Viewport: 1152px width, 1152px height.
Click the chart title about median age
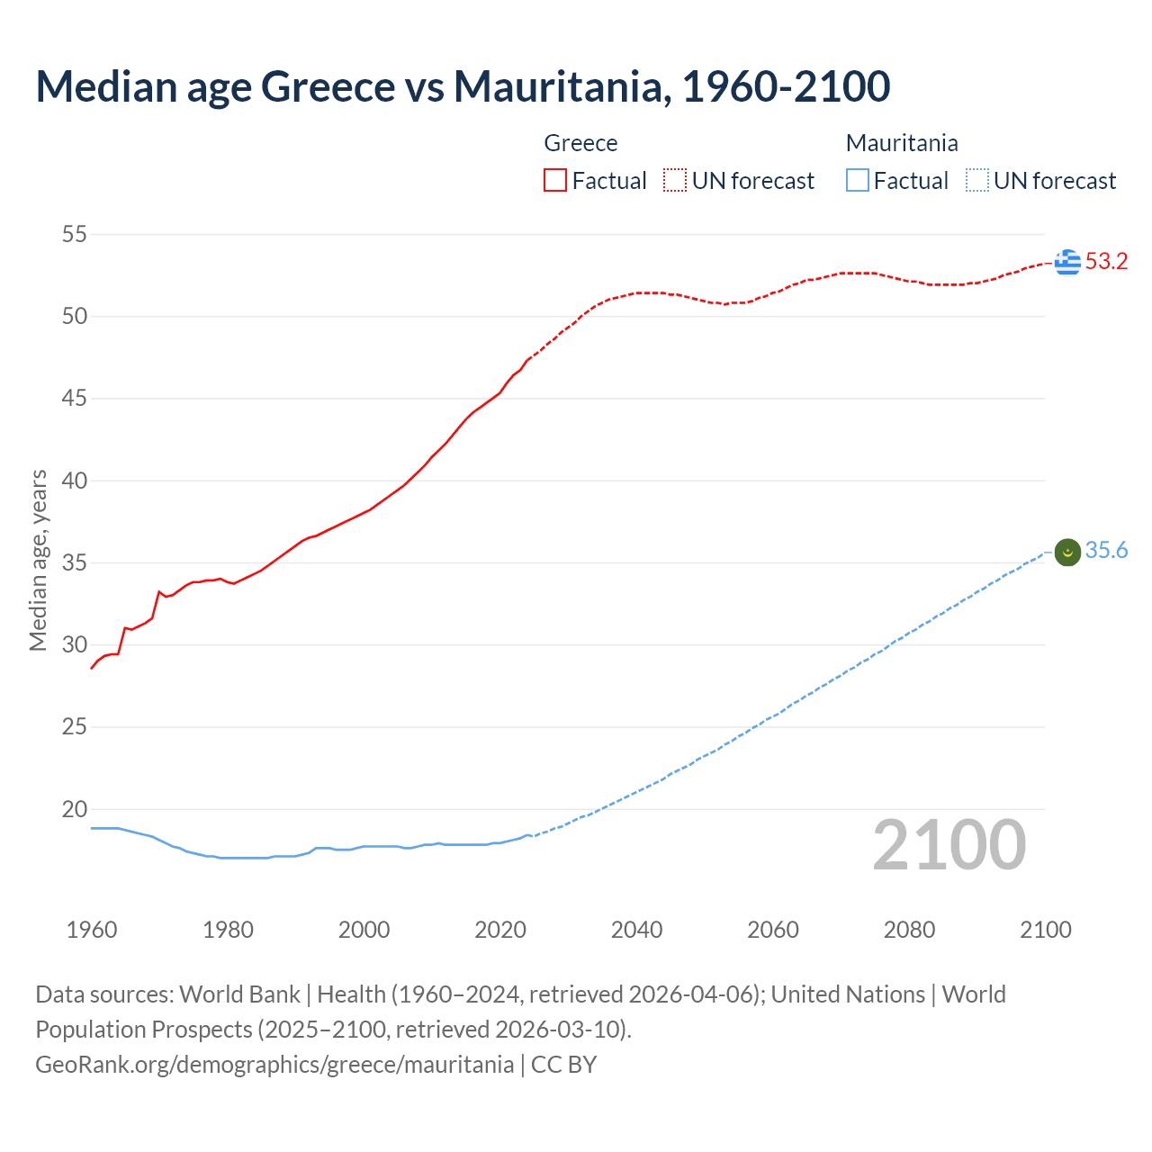[x=463, y=86]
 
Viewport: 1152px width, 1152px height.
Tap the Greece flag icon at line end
[x=1067, y=262]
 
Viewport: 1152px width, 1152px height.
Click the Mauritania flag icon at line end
[x=1067, y=552]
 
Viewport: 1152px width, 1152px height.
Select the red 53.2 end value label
[x=1106, y=262]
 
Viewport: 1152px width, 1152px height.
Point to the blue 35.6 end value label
[x=1106, y=551]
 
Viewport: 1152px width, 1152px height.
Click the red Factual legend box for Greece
[x=555, y=181]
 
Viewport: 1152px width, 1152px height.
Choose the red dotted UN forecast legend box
[x=675, y=181]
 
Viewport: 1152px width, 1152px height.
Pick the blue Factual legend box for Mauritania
[x=858, y=181]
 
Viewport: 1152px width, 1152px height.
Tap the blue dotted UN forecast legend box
[x=976, y=181]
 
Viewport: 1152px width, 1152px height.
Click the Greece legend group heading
[x=580, y=143]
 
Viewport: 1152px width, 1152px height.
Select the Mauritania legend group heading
[x=902, y=143]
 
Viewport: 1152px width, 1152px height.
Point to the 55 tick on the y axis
[x=75, y=235]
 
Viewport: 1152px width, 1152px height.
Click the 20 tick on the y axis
[x=75, y=809]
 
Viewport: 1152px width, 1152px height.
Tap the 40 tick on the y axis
[x=75, y=481]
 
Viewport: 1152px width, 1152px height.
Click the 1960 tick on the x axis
[x=92, y=930]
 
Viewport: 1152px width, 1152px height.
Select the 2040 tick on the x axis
[x=636, y=930]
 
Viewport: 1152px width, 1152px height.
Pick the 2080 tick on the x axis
[x=909, y=930]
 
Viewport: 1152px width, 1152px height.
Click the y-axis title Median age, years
[x=38, y=560]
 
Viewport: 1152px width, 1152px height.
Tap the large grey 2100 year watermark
[x=949, y=845]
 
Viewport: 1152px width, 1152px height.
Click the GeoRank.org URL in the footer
[x=274, y=1065]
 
